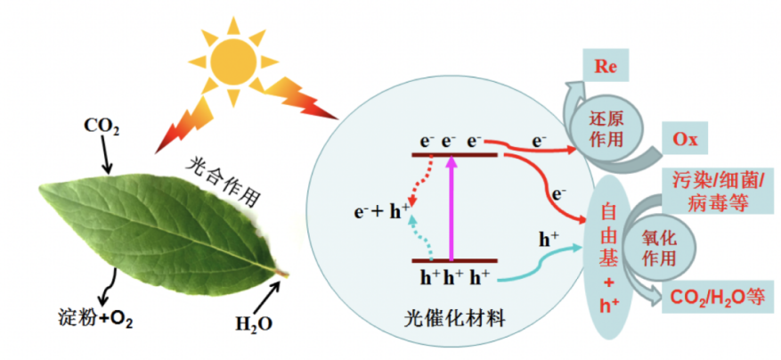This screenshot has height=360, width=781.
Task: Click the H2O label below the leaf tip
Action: pyautogui.click(x=254, y=322)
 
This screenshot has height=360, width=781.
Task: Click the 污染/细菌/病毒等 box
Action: pyautogui.click(x=713, y=192)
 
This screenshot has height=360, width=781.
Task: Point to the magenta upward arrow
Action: pyautogui.click(x=452, y=207)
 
